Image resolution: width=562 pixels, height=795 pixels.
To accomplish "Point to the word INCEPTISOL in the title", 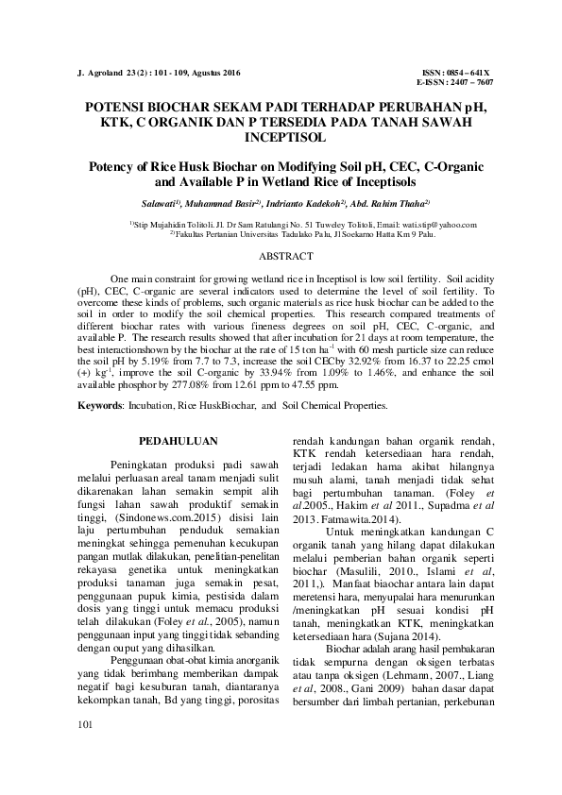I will click(x=281, y=137).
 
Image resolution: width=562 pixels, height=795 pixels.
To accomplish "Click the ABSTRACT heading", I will click(x=281, y=256).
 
